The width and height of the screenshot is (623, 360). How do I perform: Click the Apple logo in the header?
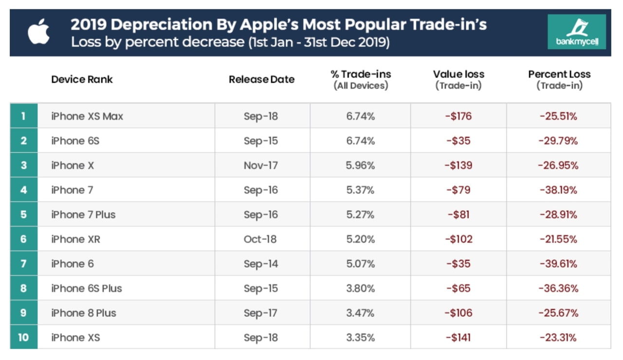pos(38,33)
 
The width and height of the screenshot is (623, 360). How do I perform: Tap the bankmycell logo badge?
pos(577,32)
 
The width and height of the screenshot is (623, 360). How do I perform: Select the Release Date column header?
pos(261,79)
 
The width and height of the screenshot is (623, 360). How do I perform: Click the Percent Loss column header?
pos(559,79)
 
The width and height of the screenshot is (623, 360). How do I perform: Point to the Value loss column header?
pos(458,79)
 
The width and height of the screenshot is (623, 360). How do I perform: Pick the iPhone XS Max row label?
pos(87,116)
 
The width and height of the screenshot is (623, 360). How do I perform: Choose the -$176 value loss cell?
pos(458,116)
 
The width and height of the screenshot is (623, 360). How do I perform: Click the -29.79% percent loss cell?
pos(558,141)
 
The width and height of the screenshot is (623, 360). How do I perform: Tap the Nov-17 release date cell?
pos(261,165)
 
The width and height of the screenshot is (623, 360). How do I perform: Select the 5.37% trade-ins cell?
pos(360,190)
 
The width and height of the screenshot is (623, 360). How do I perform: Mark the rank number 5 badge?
pos(23,215)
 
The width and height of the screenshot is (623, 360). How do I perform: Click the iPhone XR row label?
pos(75,239)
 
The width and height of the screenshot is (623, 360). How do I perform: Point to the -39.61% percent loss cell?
pos(558,264)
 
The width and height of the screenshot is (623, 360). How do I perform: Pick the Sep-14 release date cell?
pos(261,264)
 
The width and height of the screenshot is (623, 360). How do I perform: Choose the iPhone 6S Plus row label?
pos(87,288)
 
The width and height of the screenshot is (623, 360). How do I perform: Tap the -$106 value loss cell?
pos(458,313)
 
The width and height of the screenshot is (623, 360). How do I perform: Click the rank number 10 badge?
pos(23,337)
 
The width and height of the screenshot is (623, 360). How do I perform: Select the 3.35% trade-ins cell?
pos(360,337)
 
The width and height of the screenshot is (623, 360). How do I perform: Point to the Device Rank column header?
pos(82,79)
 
